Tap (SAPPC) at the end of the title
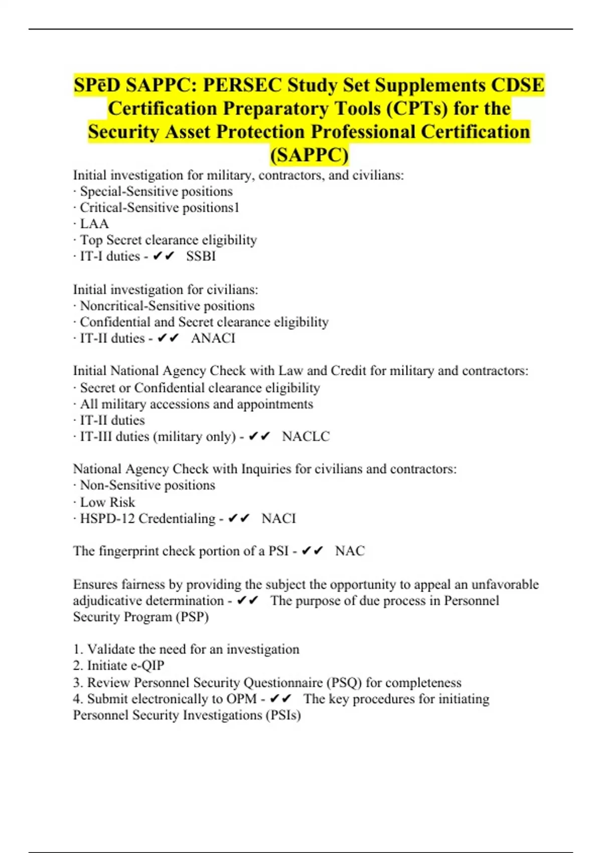[309, 155]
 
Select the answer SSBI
[201, 256]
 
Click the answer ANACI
[213, 338]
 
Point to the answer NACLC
[306, 437]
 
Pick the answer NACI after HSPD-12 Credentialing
[278, 518]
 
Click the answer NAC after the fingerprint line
[350, 551]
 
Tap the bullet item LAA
[94, 224]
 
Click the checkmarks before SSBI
[164, 256]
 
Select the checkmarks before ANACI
[168, 338]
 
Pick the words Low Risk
[107, 502]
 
